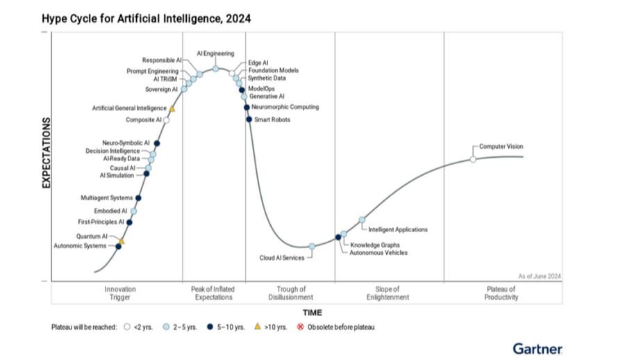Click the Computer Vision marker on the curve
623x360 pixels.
(x=473, y=159)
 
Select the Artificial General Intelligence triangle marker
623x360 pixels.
(x=172, y=108)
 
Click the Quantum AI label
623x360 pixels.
(x=92, y=236)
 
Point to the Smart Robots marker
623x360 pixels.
(x=249, y=120)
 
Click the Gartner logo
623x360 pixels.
(x=537, y=347)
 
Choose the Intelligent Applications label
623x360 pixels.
(x=397, y=229)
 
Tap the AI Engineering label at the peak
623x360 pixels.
(x=215, y=54)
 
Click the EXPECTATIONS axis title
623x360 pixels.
(x=47, y=153)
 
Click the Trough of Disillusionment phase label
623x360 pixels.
(x=290, y=293)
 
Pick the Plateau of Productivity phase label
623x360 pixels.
(x=501, y=293)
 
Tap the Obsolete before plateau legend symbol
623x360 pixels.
(x=301, y=327)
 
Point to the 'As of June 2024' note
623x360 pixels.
(x=540, y=276)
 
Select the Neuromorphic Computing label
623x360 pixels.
(x=285, y=107)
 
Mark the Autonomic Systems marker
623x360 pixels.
(x=118, y=246)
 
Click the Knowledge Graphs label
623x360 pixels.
(x=374, y=245)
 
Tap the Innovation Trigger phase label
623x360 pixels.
(x=120, y=293)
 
